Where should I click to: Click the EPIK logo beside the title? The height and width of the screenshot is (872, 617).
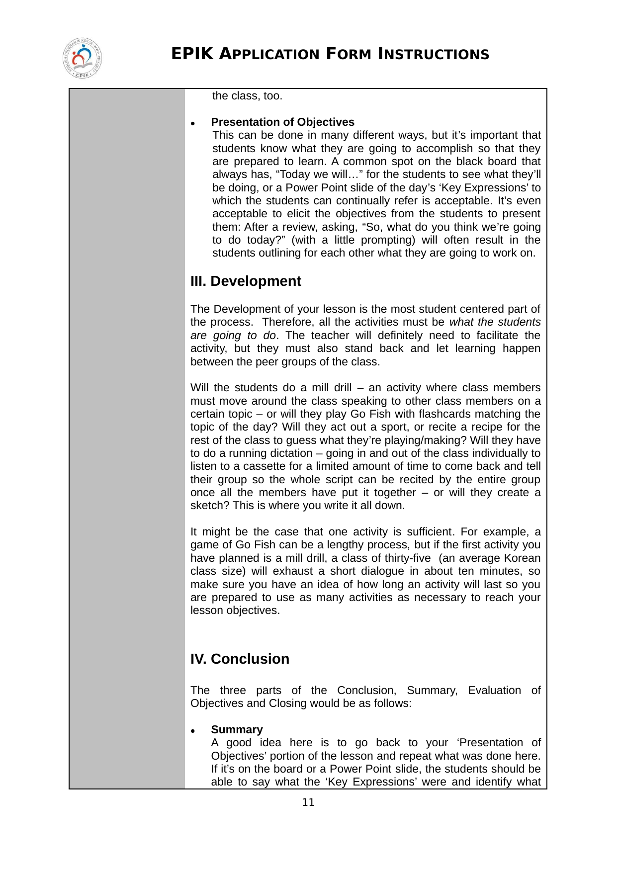[x=83, y=59]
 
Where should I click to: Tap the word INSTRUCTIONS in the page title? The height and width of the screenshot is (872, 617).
[x=434, y=54]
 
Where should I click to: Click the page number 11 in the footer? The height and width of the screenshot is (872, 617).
[x=308, y=802]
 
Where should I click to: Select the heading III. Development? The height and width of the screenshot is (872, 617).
[x=246, y=281]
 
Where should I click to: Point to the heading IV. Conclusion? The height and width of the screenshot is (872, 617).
[x=240, y=659]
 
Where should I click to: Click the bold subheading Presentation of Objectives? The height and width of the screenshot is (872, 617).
[x=282, y=122]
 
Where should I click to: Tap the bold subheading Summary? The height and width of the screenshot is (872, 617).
[x=237, y=730]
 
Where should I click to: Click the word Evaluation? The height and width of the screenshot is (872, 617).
[x=494, y=691]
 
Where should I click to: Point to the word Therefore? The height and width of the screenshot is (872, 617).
[x=287, y=322]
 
